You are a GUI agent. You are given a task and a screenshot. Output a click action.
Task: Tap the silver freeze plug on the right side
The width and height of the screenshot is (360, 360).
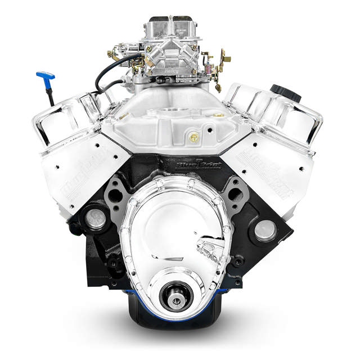[x=265, y=230]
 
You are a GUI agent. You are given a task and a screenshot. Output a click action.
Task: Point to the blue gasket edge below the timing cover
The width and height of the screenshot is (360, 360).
[x=141, y=299]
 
